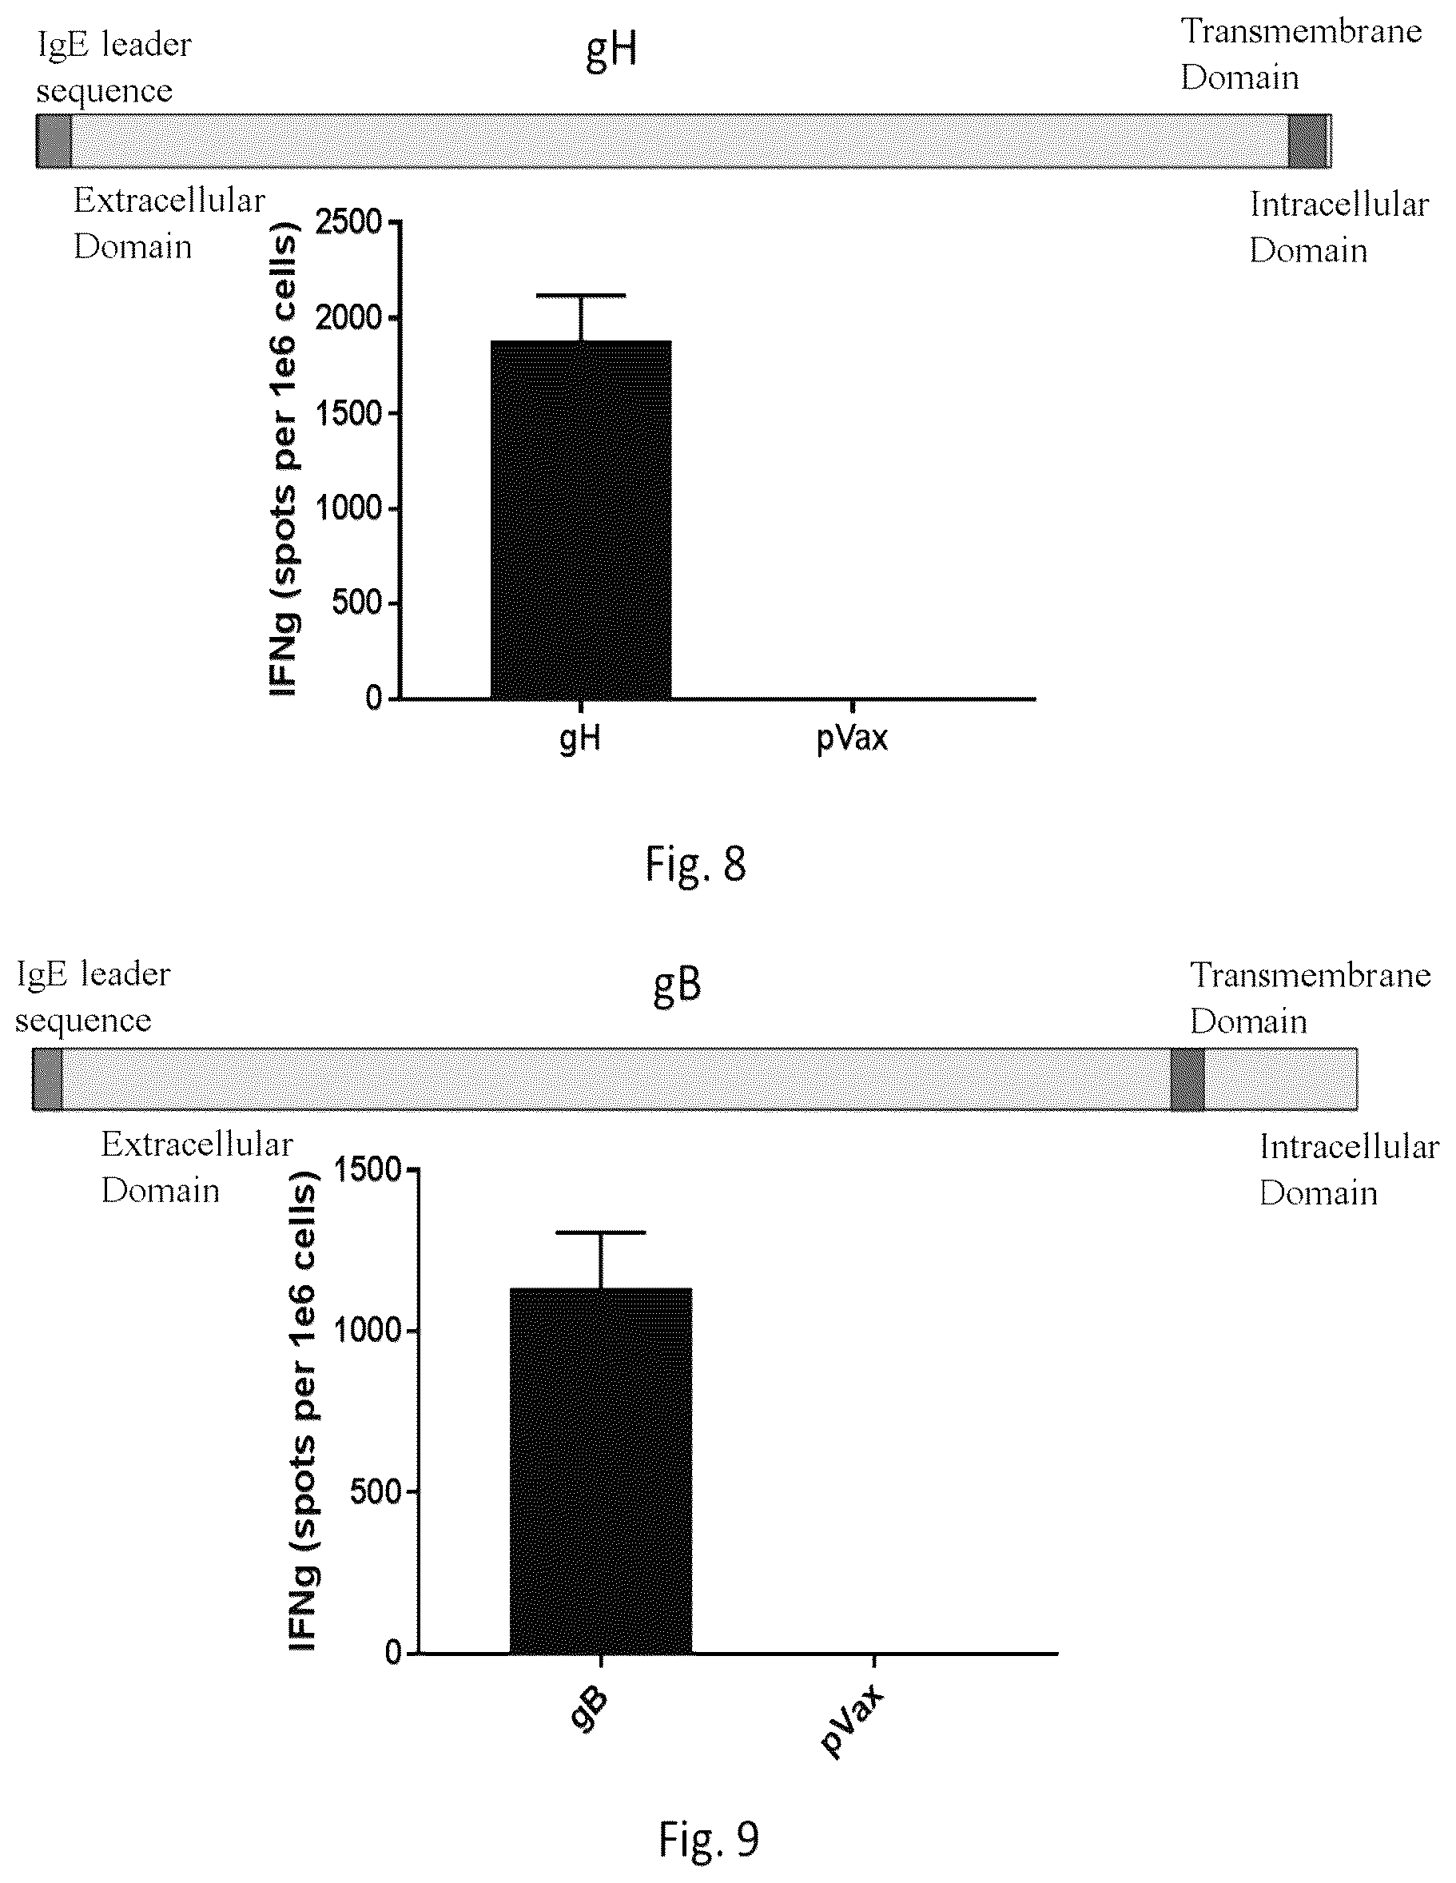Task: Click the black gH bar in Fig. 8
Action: pyautogui.click(x=581, y=519)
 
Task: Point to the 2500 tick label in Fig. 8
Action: pyautogui.click(x=348, y=222)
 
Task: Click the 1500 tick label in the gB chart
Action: pyautogui.click(x=368, y=1170)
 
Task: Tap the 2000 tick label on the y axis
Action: pyautogui.click(x=348, y=318)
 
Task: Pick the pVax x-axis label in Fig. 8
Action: pyautogui.click(x=852, y=738)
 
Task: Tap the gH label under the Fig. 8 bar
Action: pyautogui.click(x=580, y=738)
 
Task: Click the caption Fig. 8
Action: pyautogui.click(x=696, y=864)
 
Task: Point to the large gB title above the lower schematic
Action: pyautogui.click(x=677, y=985)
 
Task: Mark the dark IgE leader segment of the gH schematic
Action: pyautogui.click(x=54, y=141)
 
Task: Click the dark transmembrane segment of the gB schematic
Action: pyautogui.click(x=1187, y=1079)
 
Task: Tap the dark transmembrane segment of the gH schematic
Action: pyautogui.click(x=1307, y=141)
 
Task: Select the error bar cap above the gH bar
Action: pyautogui.click(x=581, y=296)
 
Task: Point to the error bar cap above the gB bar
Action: pyautogui.click(x=601, y=1232)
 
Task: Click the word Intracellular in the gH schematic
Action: pyautogui.click(x=1339, y=205)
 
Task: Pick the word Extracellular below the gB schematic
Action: pyautogui.click(x=197, y=1145)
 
